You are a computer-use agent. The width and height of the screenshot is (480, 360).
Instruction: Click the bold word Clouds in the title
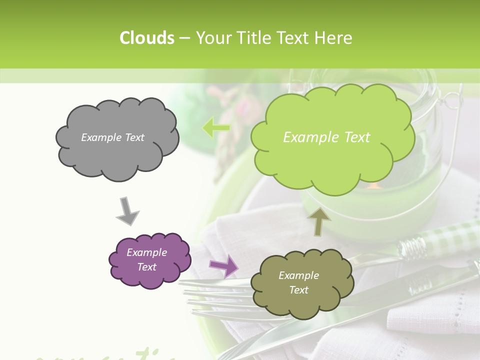click(147, 38)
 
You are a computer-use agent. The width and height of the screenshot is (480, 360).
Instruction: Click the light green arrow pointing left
click(216, 128)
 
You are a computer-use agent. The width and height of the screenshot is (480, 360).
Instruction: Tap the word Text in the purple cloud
click(146, 267)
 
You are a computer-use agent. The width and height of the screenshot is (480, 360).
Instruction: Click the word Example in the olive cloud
click(298, 275)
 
